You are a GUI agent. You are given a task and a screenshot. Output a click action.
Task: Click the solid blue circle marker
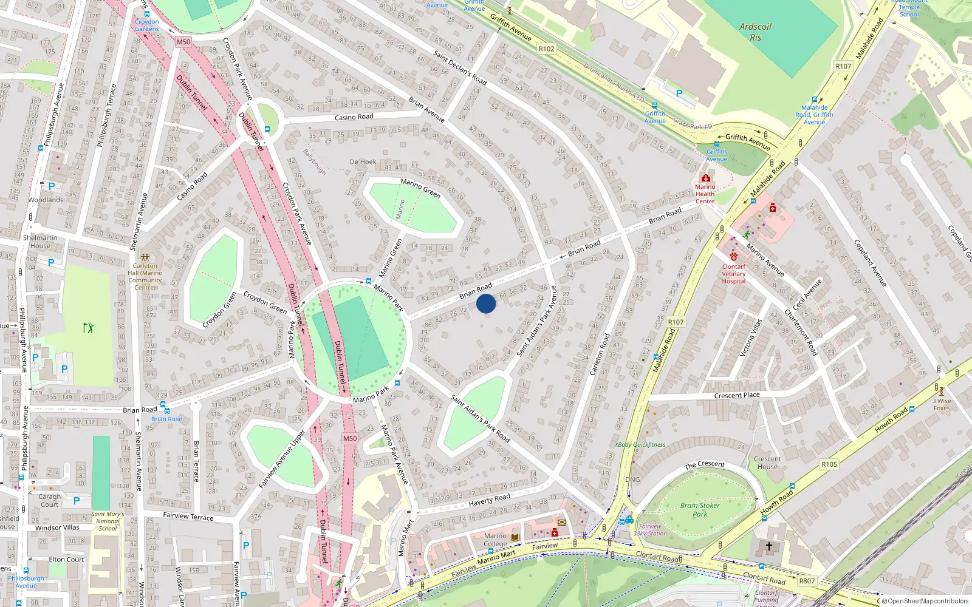point(486,303)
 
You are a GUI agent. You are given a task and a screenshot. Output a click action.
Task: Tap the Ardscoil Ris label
point(755,32)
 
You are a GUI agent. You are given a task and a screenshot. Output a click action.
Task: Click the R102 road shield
point(546,49)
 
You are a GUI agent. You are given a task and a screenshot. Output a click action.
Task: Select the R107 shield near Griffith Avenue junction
point(843,66)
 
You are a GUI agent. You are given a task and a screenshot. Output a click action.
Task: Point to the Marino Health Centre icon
point(705,178)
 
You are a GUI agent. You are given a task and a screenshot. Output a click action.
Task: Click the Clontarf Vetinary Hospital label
point(733,274)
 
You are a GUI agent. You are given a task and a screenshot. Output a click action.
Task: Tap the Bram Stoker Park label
point(700,509)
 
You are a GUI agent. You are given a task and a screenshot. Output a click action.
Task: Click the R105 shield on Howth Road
point(829,464)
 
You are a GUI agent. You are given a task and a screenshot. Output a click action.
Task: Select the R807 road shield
point(807,581)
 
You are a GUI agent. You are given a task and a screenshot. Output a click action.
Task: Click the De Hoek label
point(363,162)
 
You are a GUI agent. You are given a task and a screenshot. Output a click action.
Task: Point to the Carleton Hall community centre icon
point(145,257)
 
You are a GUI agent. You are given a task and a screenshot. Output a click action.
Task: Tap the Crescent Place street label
point(737,395)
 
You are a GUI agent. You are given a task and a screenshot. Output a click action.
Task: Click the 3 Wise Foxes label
point(942,404)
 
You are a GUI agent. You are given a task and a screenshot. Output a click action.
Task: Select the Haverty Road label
point(489,500)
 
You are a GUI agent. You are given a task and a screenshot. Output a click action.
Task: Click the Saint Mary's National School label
point(108,521)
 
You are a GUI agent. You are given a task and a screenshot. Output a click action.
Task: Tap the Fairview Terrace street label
point(188,517)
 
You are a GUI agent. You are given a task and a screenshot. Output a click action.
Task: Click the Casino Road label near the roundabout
point(354,117)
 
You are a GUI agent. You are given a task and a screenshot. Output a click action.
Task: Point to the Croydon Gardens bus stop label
point(147,25)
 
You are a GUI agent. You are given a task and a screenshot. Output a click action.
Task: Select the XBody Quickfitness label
point(640,445)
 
